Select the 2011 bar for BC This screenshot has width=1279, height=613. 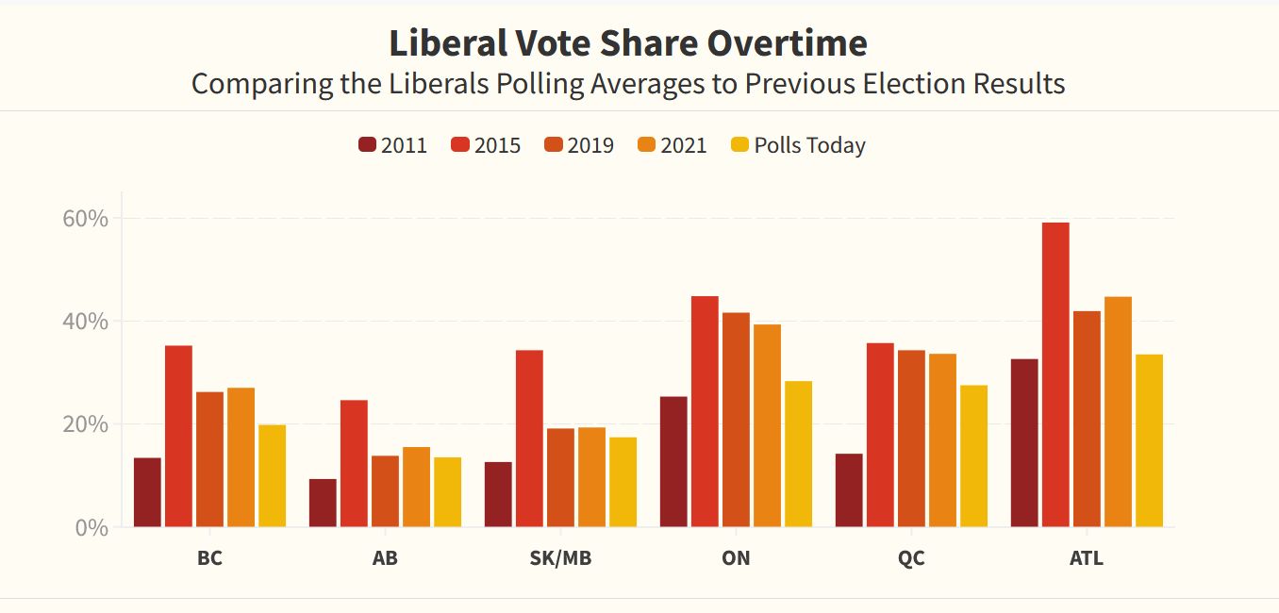(147, 492)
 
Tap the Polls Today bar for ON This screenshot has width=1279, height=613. (798, 454)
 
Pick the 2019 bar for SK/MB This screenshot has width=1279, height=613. (560, 477)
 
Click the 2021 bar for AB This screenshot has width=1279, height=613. (416, 487)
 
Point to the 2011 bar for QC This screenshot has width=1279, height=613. (849, 490)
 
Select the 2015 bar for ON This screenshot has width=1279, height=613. (705, 411)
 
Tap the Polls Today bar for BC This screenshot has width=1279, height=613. (272, 475)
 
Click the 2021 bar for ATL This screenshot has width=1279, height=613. (1118, 411)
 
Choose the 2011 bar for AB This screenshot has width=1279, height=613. (323, 503)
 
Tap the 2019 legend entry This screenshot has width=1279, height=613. (579, 145)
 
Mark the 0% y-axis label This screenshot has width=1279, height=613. (92, 527)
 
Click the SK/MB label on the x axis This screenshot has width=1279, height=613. (560, 557)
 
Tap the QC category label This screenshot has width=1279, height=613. (911, 557)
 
